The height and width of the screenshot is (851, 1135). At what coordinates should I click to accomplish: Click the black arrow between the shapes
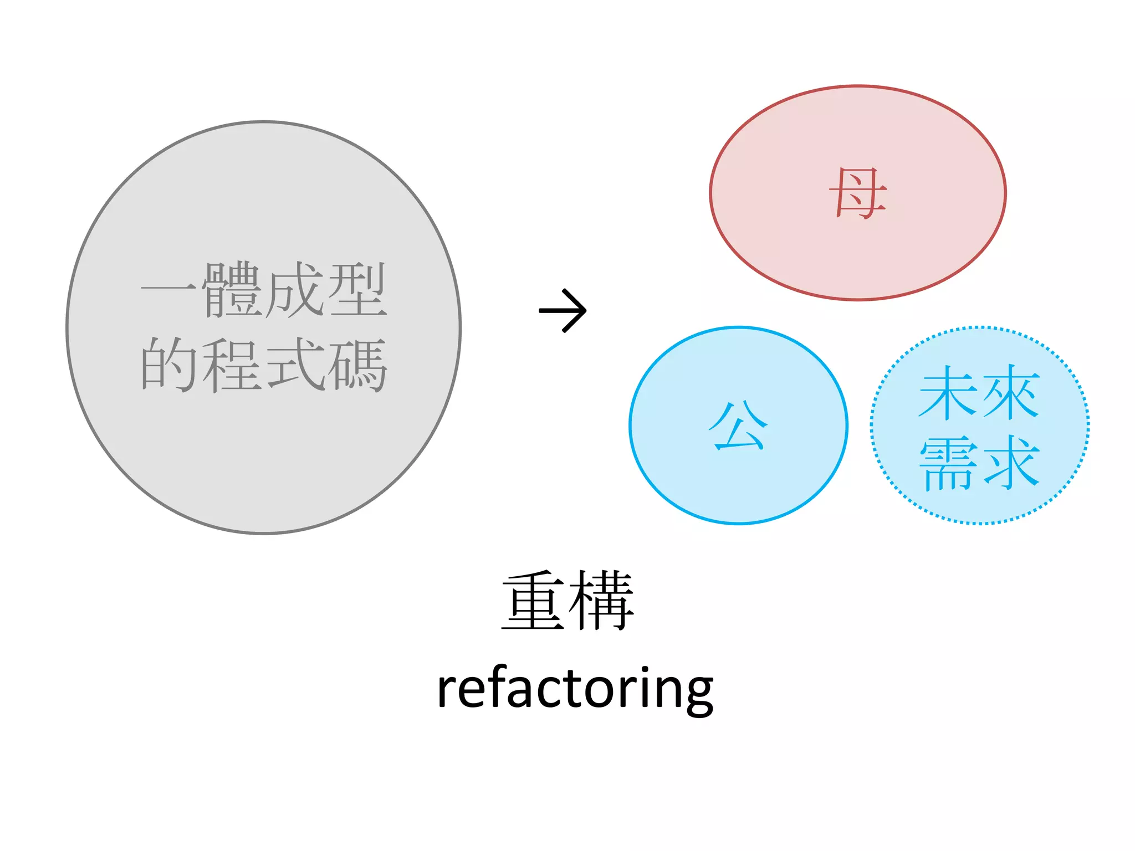click(563, 310)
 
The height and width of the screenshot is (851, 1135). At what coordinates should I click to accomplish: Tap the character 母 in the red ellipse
click(858, 193)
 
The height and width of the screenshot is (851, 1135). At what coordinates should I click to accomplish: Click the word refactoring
click(575, 689)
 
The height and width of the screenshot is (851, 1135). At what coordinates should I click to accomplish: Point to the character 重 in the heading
click(533, 601)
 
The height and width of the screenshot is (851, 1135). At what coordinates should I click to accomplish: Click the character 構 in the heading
click(602, 601)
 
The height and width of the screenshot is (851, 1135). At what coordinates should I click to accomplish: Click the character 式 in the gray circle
click(294, 365)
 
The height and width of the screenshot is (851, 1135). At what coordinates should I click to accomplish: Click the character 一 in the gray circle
click(168, 289)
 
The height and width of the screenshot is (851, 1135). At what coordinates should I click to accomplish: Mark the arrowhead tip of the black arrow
click(585, 310)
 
